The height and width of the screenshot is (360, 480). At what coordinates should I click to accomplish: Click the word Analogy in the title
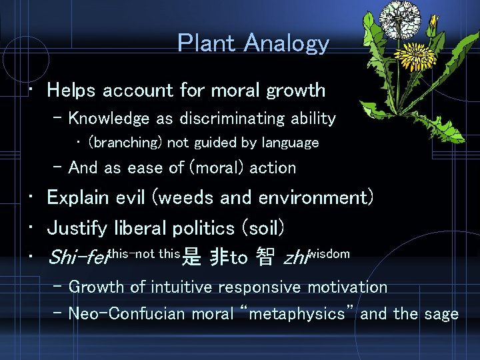287,44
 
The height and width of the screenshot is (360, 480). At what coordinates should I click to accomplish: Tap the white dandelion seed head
403,21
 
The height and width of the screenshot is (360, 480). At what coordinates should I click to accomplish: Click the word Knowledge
109,119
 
